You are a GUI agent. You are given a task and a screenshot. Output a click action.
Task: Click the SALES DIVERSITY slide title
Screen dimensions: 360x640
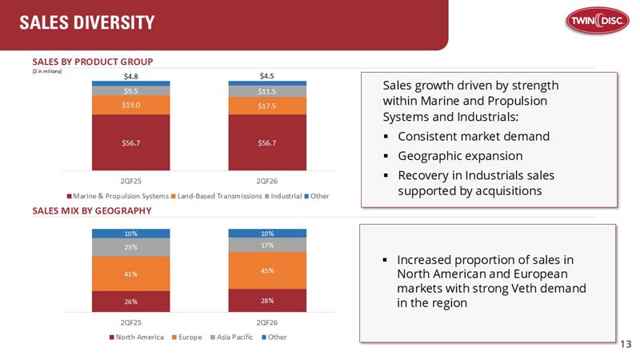87,23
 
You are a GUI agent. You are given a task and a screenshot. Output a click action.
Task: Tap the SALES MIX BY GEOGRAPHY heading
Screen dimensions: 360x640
92,210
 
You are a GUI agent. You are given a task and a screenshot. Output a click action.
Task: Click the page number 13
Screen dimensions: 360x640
626,344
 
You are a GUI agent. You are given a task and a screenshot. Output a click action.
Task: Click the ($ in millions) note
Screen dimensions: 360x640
47,70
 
